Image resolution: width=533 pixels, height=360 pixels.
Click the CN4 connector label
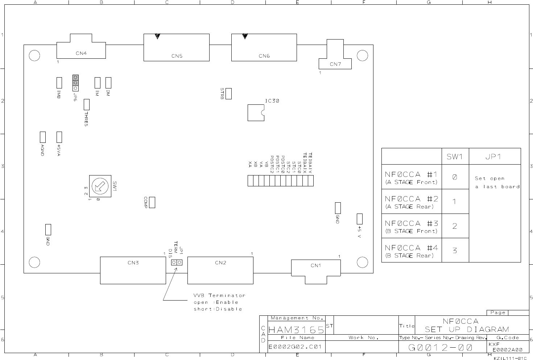pos(81,53)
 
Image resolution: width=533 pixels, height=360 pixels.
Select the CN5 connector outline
pos(176,47)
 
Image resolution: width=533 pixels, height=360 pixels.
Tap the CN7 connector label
pos(335,64)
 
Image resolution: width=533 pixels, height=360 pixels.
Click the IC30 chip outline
pos(256,112)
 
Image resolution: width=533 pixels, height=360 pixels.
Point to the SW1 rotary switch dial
pos(100,186)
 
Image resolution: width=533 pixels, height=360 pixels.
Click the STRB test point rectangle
pos(228,94)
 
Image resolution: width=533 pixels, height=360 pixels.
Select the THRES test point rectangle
pos(86,105)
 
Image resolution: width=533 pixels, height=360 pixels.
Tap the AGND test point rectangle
pos(42,137)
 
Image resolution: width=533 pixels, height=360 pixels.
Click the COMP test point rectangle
pos(152,202)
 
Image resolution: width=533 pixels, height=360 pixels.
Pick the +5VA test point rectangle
pos(59,137)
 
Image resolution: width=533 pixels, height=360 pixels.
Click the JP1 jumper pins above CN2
pos(177,262)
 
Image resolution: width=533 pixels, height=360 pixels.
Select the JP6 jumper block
pos(75,83)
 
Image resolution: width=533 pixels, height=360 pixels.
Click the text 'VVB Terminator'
pos(219,295)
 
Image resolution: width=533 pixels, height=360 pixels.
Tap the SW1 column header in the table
pos(455,157)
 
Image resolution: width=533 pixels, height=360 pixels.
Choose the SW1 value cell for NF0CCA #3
pos(455,226)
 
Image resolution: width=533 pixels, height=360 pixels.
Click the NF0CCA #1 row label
pos(411,177)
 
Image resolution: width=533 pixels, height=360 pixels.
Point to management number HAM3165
pos(296,330)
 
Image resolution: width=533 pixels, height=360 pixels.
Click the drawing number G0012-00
pos(440,348)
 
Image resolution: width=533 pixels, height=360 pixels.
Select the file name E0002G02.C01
pos(295,347)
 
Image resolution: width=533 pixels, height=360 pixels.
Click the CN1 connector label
pos(315,265)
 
